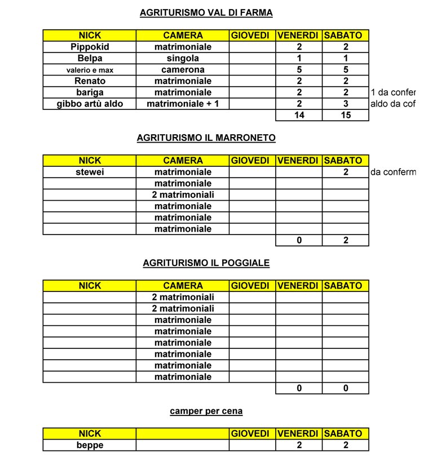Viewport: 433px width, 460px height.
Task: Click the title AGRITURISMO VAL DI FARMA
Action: [206, 12]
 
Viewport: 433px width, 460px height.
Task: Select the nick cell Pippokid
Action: [90, 47]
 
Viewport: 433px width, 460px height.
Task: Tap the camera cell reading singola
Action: [183, 58]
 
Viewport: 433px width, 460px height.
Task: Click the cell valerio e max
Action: [90, 70]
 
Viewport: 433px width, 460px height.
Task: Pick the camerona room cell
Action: [183, 70]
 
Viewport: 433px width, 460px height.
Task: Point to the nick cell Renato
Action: [90, 81]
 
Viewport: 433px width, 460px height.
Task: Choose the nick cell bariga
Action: [90, 92]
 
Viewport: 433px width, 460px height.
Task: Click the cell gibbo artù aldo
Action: [90, 104]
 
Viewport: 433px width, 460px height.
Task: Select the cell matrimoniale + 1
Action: [183, 104]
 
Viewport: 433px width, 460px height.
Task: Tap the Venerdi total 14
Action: [299, 116]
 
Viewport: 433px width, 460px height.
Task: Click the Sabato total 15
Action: [345, 116]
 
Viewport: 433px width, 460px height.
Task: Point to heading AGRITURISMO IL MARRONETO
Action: [206, 138]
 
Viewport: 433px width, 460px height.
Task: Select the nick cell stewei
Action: [90, 172]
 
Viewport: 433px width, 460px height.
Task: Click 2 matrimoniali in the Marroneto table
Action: [183, 195]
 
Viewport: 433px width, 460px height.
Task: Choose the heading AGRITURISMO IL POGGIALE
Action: [206, 263]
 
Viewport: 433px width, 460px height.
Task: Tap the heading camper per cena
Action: [206, 411]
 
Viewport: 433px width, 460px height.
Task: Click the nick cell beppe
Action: [90, 445]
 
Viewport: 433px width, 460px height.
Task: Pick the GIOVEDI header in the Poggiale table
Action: [252, 286]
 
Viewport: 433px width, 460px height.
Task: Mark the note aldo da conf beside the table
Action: [392, 104]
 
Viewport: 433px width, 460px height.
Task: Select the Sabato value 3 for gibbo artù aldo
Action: [345, 104]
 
